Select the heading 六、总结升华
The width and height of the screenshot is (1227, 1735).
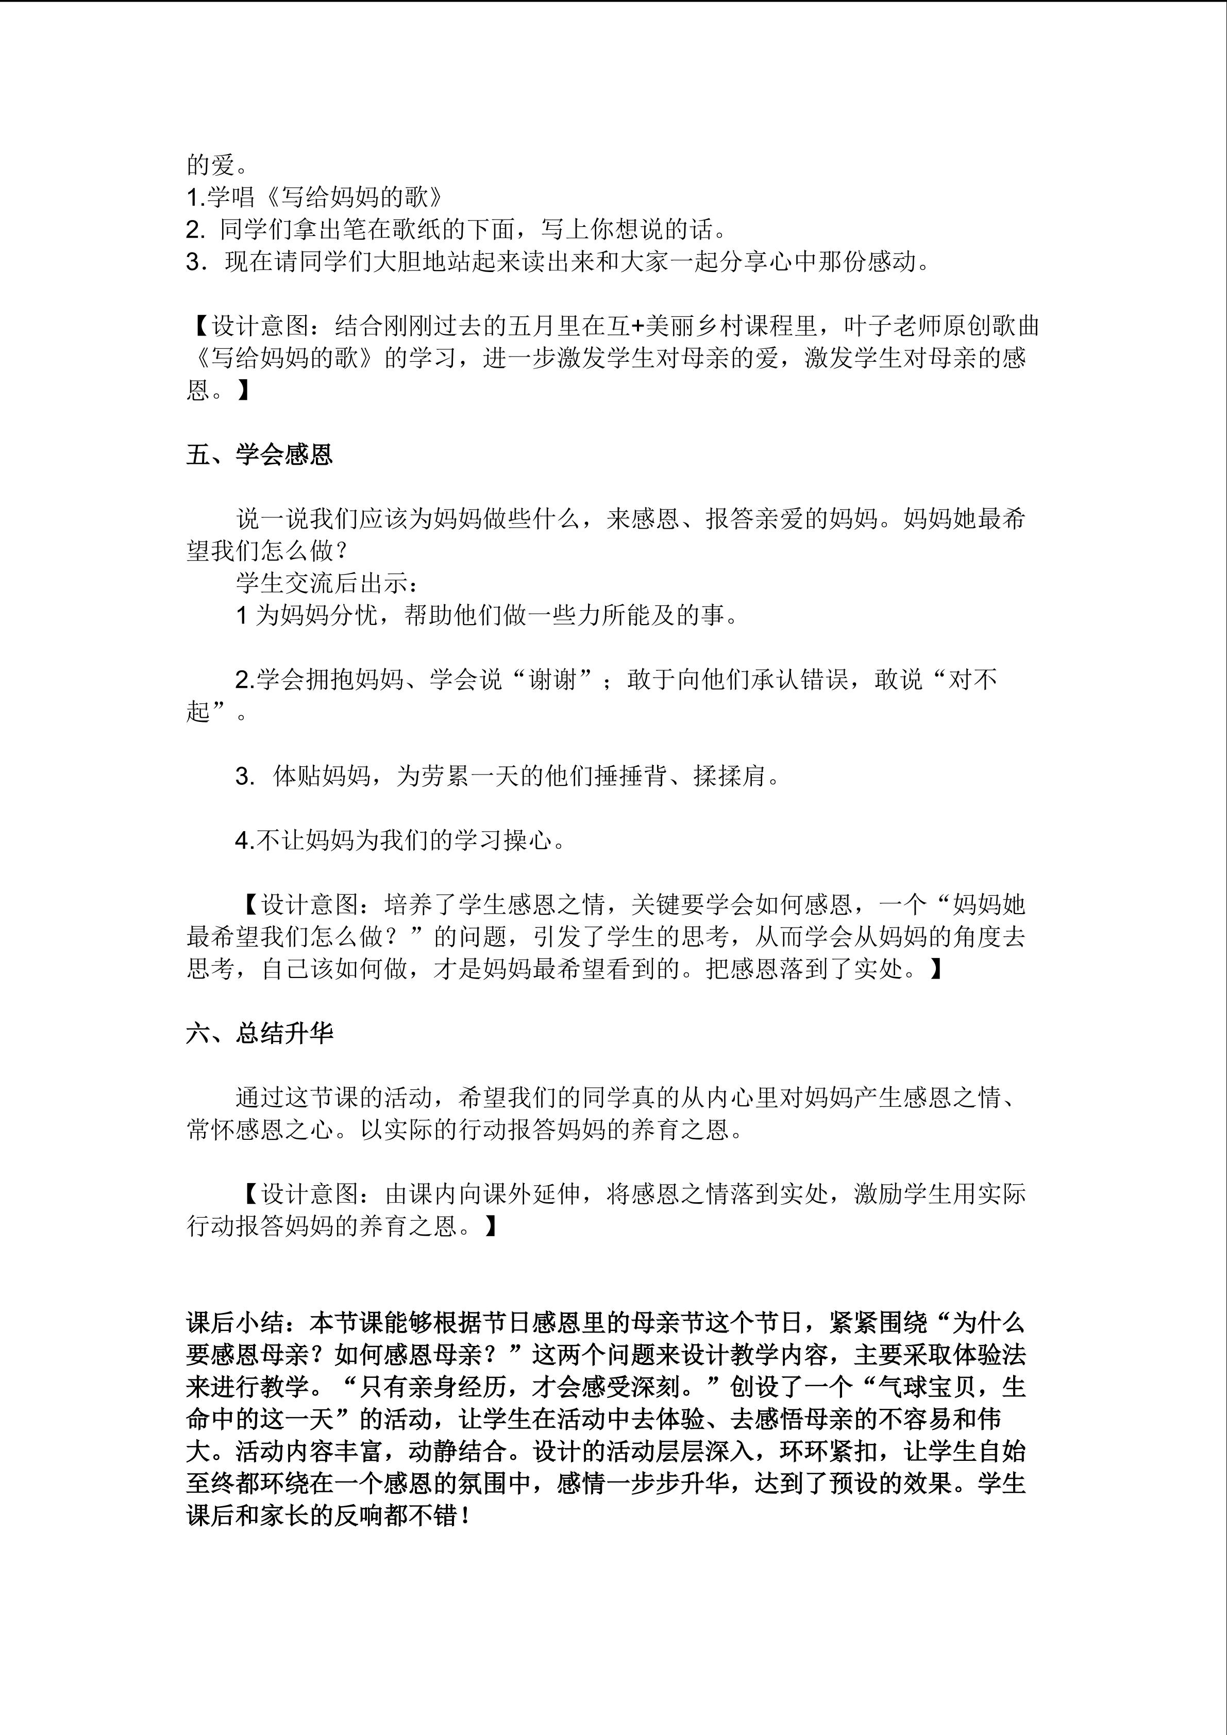(259, 1033)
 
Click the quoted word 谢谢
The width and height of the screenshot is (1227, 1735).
(553, 679)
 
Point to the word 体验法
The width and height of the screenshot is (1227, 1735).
(990, 1356)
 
